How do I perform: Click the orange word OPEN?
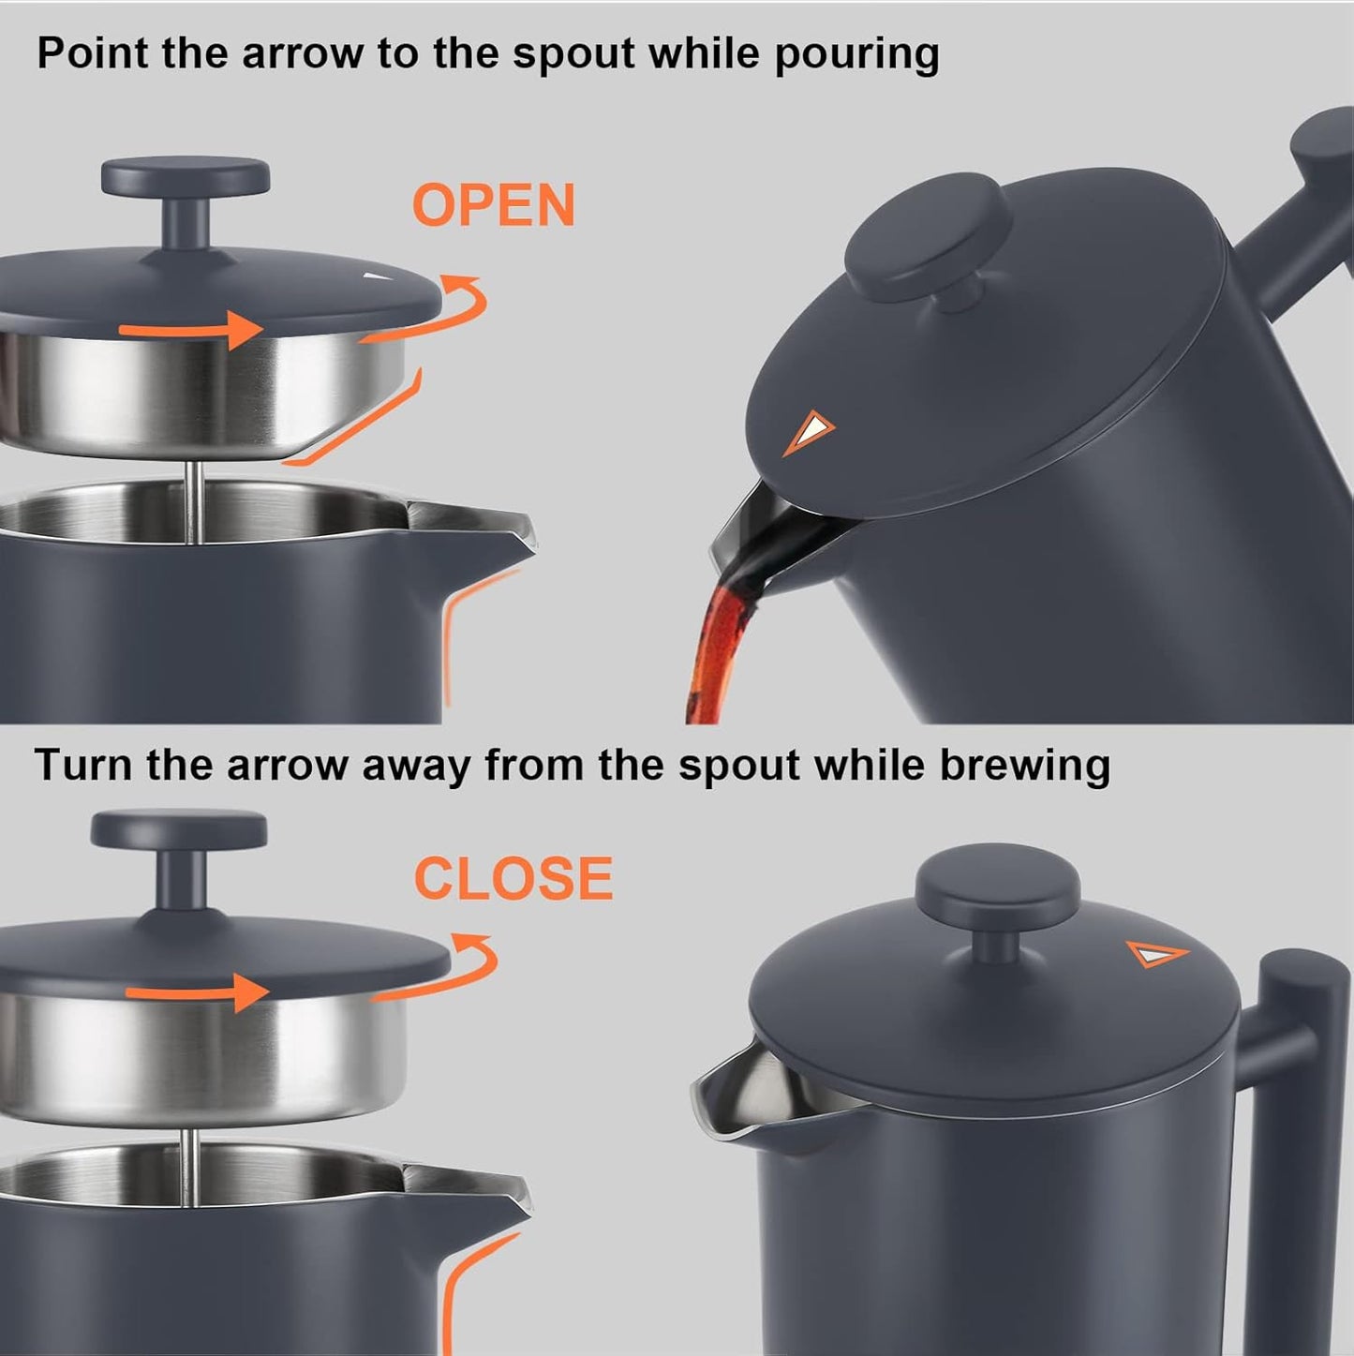tap(494, 206)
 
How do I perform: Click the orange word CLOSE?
tap(513, 879)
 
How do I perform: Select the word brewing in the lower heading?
tap(1025, 765)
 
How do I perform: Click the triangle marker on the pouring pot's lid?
tap(809, 431)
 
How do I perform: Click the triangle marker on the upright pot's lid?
tap(1156, 954)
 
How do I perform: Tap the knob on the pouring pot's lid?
tap(929, 238)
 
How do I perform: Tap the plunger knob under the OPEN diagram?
tap(186, 178)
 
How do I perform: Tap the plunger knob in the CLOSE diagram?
tap(179, 831)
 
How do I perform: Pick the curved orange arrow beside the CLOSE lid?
tap(450, 967)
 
